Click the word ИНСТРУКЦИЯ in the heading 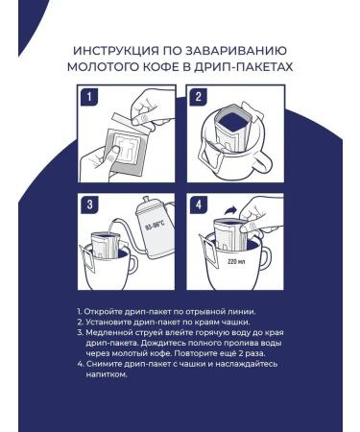(x=115, y=51)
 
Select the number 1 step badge (x=89, y=97)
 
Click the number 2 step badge (x=199, y=97)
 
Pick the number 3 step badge (x=89, y=204)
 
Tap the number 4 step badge (x=199, y=204)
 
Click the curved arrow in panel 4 (x=230, y=211)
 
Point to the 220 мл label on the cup (x=236, y=261)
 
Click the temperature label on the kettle (x=155, y=227)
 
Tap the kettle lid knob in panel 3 (x=145, y=200)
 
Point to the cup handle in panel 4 (x=265, y=258)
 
